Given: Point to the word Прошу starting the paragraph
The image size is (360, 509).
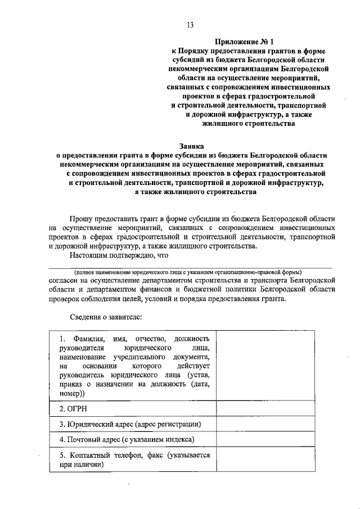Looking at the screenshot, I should click(82, 217).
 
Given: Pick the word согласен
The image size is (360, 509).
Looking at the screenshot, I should click(66, 280).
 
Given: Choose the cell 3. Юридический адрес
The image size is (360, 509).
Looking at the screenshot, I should click(132, 424).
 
